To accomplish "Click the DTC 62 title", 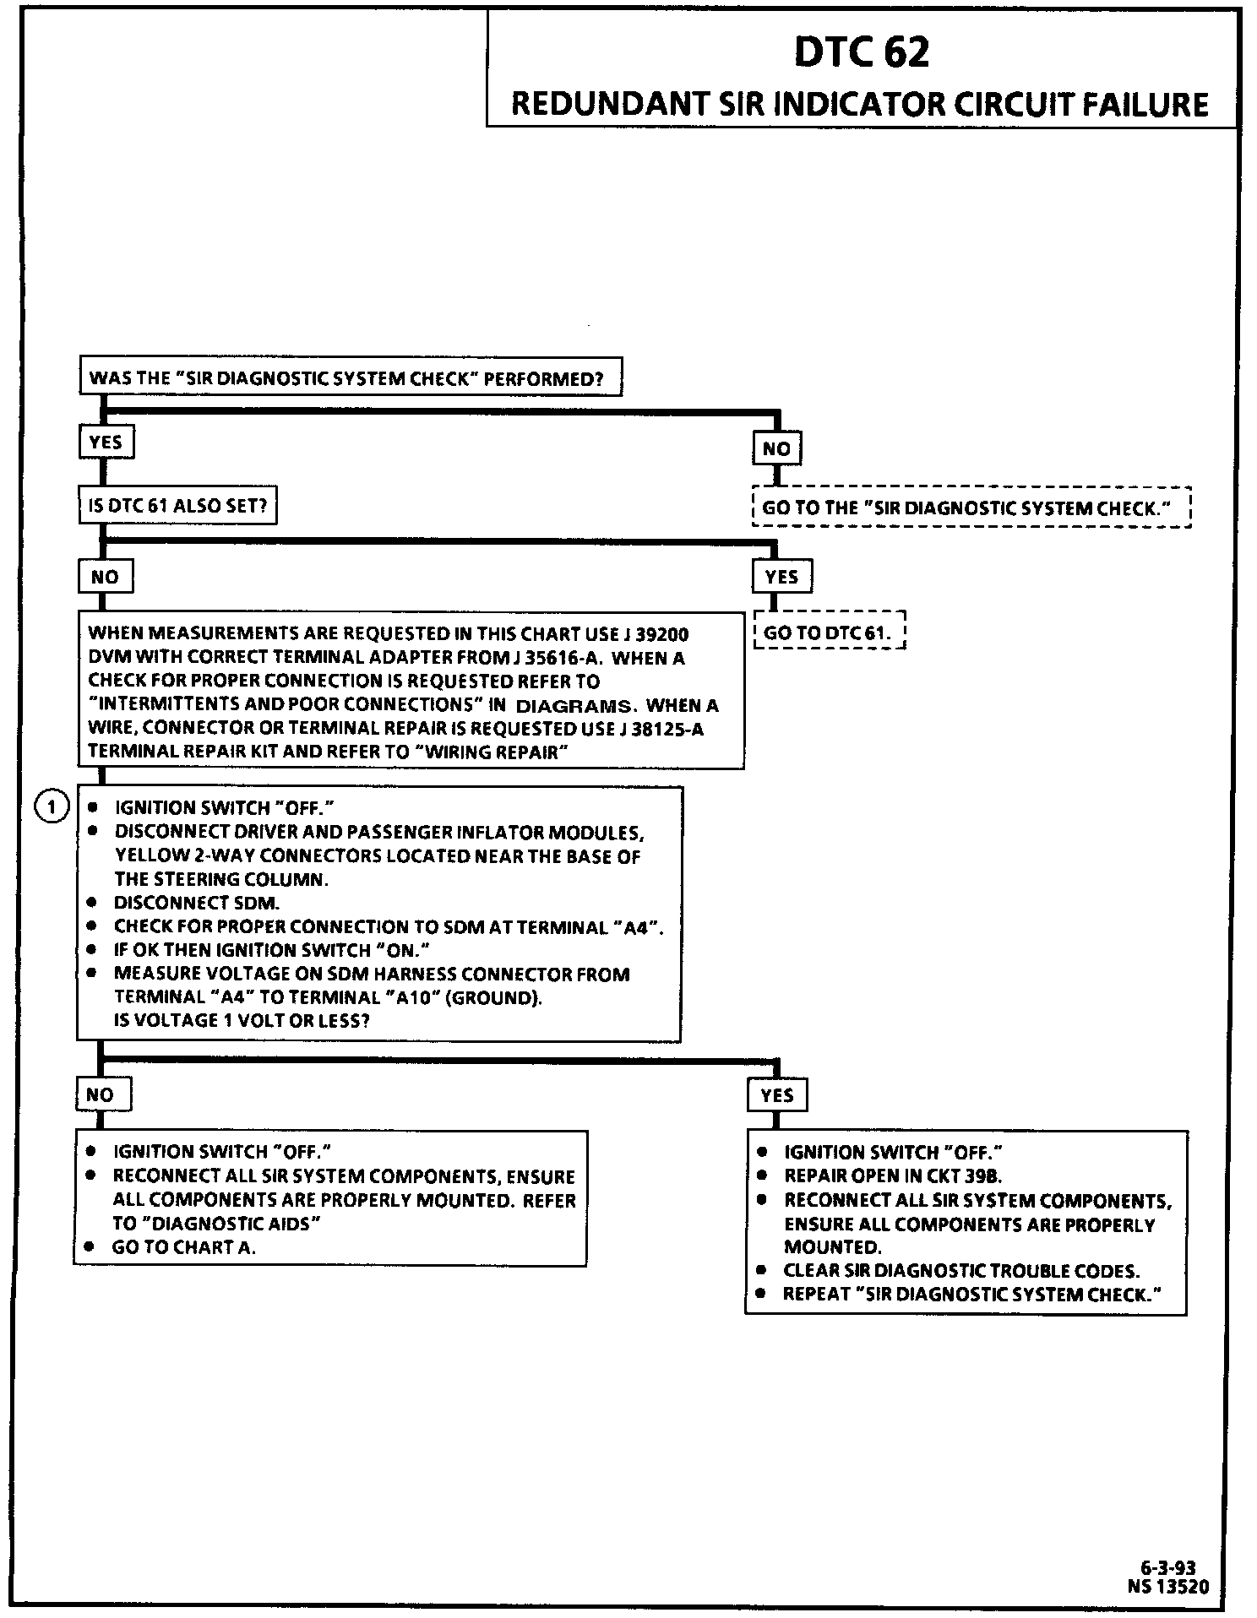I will click(x=861, y=52).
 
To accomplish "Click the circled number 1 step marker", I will click(x=52, y=807).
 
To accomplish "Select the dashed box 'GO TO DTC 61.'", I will click(x=828, y=631).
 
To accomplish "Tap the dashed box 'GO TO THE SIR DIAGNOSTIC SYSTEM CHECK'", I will click(x=971, y=508).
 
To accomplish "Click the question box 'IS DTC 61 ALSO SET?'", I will click(x=177, y=505).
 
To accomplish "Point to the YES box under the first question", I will click(x=106, y=442).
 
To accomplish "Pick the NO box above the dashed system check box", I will click(x=776, y=448).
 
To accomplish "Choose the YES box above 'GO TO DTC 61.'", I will click(x=781, y=577).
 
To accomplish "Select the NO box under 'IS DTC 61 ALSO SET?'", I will click(x=105, y=577).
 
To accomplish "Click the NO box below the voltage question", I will click(x=100, y=1094).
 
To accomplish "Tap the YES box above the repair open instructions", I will click(x=776, y=1095).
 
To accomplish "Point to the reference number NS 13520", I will click(x=1167, y=1587).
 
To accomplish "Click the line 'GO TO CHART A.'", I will click(x=183, y=1247).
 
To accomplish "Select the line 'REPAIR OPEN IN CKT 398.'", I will click(x=893, y=1175).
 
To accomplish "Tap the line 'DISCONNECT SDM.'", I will click(x=197, y=903).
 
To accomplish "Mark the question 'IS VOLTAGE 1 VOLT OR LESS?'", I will click(x=242, y=1020).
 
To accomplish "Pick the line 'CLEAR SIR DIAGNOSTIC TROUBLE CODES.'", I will click(x=961, y=1271).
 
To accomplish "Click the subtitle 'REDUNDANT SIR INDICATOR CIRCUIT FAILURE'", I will click(x=860, y=104).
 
